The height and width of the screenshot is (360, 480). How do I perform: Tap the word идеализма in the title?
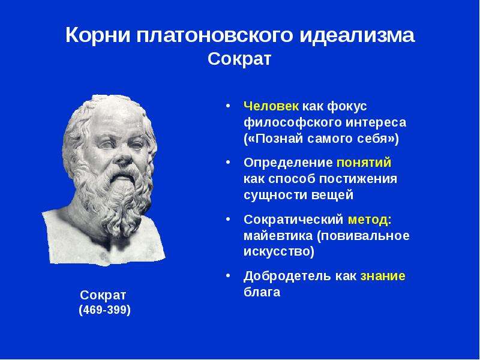coord(356,35)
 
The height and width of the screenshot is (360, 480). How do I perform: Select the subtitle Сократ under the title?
coord(239,59)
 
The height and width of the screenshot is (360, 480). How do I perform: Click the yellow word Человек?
coord(271,106)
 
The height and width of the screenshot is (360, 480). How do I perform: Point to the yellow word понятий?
coord(364,163)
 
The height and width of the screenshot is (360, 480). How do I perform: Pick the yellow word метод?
coord(368,220)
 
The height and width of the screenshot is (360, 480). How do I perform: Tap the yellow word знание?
coord(383,276)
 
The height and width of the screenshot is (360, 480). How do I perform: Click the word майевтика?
coord(278,236)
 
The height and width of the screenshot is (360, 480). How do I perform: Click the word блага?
coord(262,292)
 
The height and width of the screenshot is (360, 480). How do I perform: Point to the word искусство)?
coord(279,251)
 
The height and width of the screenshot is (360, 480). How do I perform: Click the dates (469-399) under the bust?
coord(104,310)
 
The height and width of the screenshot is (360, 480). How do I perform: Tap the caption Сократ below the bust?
coord(103,295)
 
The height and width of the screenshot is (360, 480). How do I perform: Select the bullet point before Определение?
coord(228,162)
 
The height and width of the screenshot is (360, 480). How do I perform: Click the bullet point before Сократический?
coord(228,219)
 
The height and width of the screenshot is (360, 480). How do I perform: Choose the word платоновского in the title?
coord(215,35)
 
